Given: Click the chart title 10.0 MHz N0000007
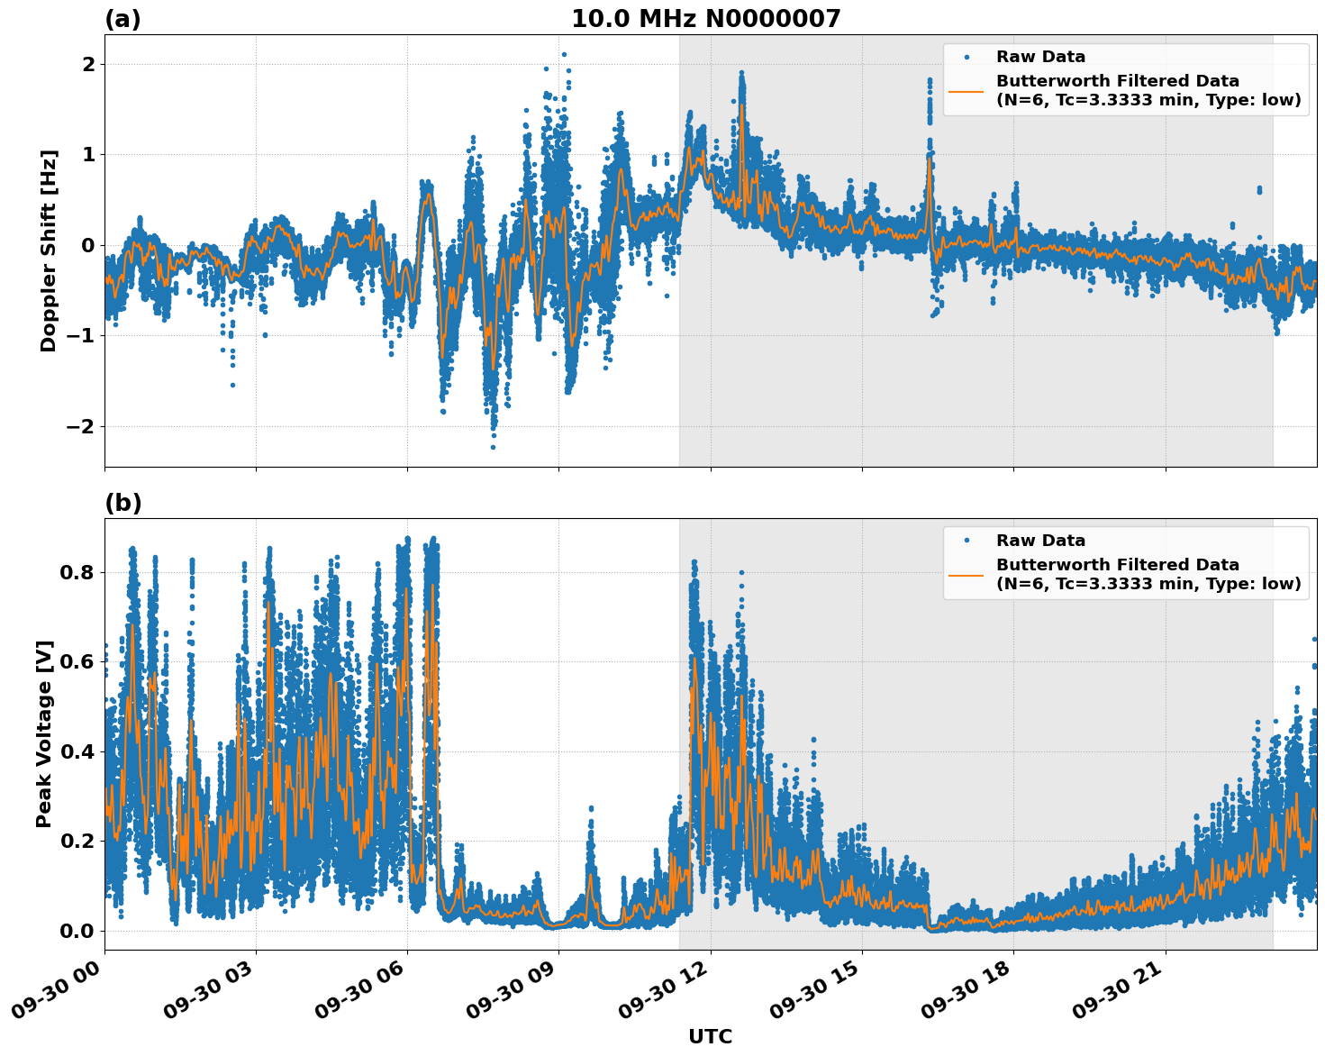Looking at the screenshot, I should click(x=705, y=19).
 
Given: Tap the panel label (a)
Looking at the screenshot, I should click(x=123, y=19).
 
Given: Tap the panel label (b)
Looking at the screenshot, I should click(x=123, y=503).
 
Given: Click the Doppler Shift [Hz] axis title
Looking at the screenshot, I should click(x=49, y=250).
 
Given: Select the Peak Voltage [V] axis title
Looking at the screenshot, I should click(x=44, y=733).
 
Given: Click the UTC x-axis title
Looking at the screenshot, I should click(x=710, y=1036).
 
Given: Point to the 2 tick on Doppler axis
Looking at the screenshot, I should click(x=88, y=64).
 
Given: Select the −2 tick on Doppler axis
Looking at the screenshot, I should click(x=81, y=426).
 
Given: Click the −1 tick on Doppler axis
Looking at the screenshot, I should click(x=81, y=335).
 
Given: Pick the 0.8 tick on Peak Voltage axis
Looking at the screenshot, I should click(x=77, y=572).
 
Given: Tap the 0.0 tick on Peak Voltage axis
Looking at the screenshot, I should click(x=77, y=931).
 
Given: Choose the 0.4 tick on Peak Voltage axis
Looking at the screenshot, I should click(x=77, y=751).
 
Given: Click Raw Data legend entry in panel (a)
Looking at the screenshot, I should click(x=1040, y=57).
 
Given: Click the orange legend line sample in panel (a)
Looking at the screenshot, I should click(x=967, y=91).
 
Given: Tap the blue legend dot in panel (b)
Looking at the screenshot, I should click(x=967, y=541).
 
